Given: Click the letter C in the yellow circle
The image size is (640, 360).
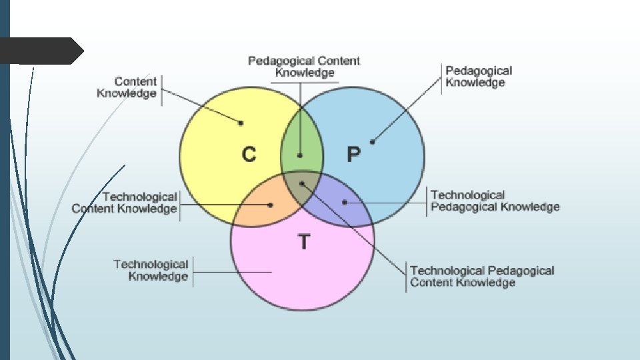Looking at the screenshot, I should (x=249, y=155).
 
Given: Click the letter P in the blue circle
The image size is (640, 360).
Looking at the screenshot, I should (x=353, y=155).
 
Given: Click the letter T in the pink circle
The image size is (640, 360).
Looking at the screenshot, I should (x=304, y=241).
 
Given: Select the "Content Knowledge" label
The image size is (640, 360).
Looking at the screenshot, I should (x=127, y=87).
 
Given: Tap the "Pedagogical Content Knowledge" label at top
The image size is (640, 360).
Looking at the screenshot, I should (x=304, y=67).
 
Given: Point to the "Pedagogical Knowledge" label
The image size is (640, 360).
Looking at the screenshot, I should (x=479, y=77).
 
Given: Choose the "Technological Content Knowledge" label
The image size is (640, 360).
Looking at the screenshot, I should (x=125, y=203).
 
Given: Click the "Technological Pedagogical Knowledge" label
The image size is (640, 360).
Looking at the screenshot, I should (x=495, y=201).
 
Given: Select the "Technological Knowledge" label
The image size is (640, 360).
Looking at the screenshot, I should (x=151, y=270).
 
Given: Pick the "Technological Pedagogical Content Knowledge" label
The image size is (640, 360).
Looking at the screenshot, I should (x=482, y=276).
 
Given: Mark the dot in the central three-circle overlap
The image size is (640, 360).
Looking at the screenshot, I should (x=301, y=183).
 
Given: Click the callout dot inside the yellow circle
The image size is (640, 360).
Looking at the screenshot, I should (x=241, y=123).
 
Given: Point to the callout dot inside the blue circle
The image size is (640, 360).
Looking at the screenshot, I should (x=372, y=141).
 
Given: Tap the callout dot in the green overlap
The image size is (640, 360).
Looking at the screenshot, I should (x=300, y=155).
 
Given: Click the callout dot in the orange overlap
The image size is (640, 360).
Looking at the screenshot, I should (x=271, y=205).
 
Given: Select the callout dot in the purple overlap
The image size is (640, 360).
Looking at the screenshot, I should (x=345, y=202).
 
